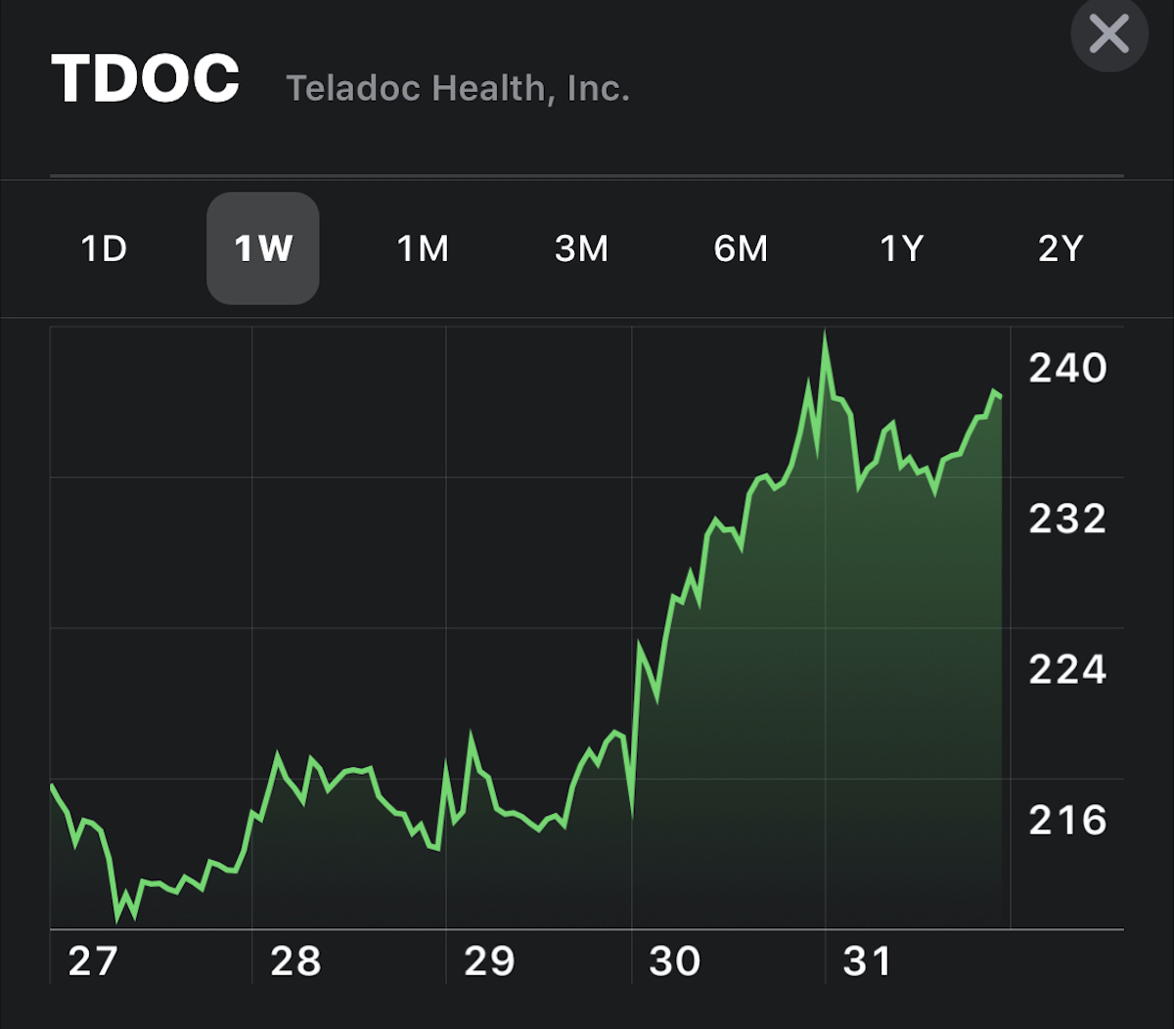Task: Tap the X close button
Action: click(1108, 35)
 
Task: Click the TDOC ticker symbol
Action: click(146, 79)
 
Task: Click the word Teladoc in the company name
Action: click(354, 89)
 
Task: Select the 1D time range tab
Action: click(104, 248)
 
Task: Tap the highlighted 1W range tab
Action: click(262, 248)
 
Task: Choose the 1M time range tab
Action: click(423, 248)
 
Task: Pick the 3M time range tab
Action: click(581, 248)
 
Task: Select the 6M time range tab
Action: click(741, 248)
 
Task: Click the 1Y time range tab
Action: click(901, 248)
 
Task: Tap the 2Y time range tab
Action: click(1061, 248)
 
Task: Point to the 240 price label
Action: click(1067, 369)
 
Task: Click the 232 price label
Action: click(1067, 518)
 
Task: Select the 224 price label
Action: click(1067, 670)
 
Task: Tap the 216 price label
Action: click(1067, 820)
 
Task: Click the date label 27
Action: click(92, 962)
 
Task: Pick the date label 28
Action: click(295, 962)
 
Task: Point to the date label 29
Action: click(489, 962)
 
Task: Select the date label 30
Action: click(675, 962)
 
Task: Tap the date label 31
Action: click(868, 962)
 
